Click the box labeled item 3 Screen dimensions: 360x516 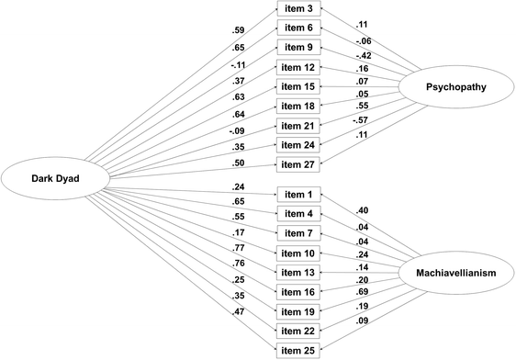pyautogui.click(x=300, y=10)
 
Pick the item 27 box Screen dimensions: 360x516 pyautogui.click(x=300, y=167)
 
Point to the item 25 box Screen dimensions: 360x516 pyautogui.click(x=300, y=350)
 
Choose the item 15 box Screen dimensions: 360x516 pyautogui.click(x=300, y=88)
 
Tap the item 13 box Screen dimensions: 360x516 pyautogui.click(x=300, y=272)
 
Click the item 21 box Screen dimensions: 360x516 pyautogui.click(x=300, y=128)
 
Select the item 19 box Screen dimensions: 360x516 pyautogui.click(x=300, y=310)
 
